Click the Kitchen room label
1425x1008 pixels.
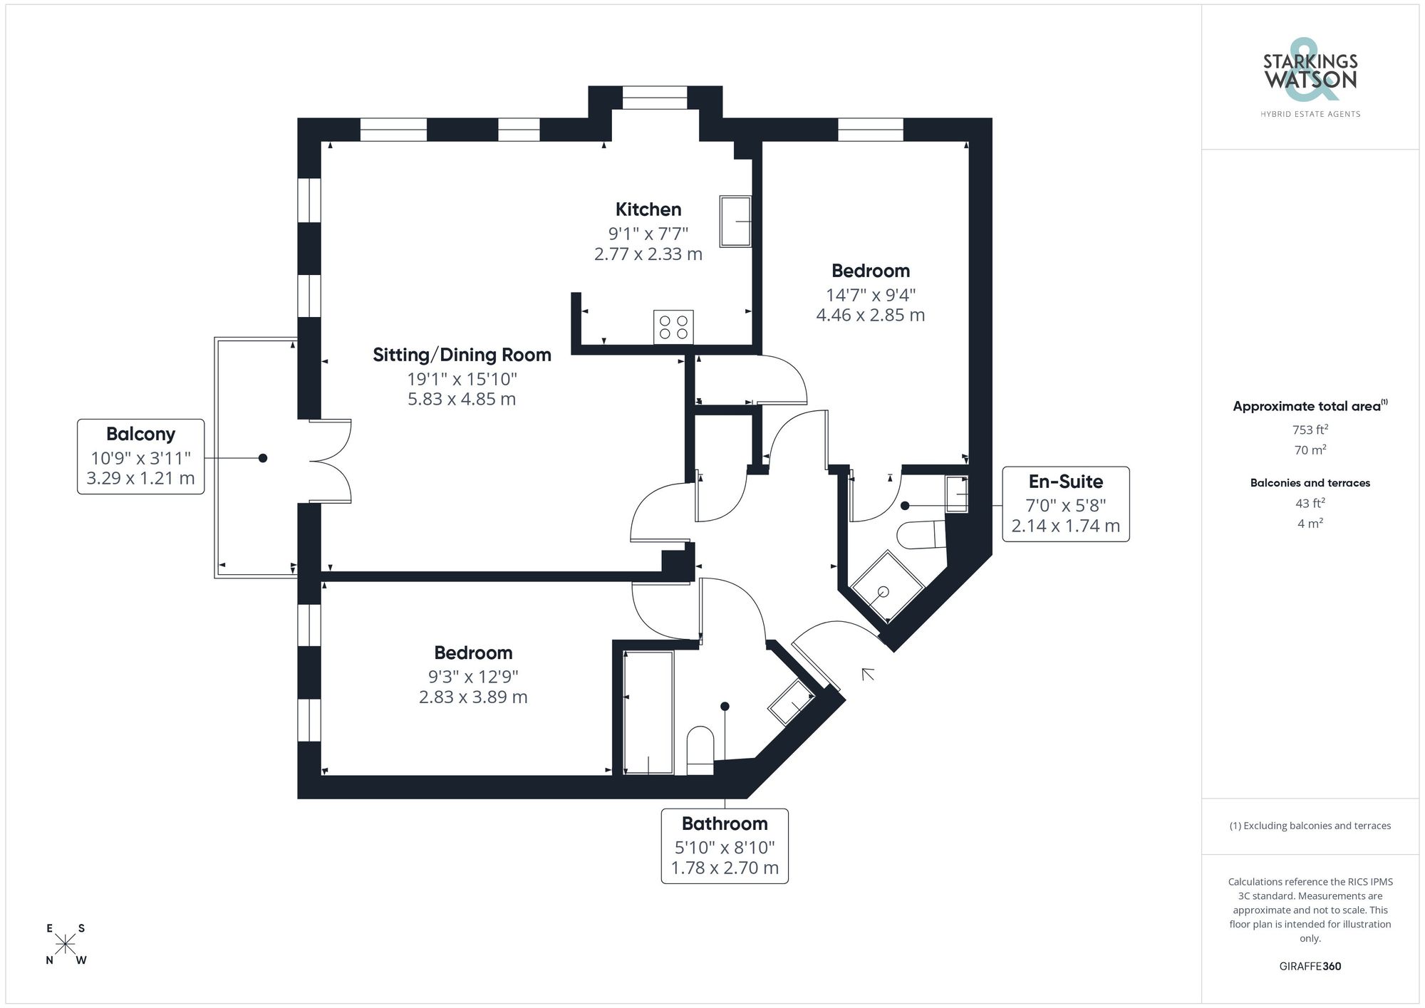pos(648,209)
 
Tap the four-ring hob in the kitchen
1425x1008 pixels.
pos(673,328)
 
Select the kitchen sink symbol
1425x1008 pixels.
pos(735,222)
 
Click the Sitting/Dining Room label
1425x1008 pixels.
pos(462,355)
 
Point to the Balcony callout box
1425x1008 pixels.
pos(141,456)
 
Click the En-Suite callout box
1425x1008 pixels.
pos(1065,504)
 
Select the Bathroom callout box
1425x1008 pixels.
pos(725,846)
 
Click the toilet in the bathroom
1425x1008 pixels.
pos(700,749)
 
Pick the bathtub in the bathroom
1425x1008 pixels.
pos(648,712)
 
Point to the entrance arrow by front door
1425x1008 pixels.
pos(867,674)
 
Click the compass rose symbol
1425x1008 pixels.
pos(66,945)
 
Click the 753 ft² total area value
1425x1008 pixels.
pos(1310,430)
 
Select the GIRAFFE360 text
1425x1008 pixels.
pos(1310,966)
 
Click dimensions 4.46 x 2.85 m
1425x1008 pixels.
pos(870,315)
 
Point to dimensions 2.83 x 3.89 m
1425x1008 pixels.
pos(473,697)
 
